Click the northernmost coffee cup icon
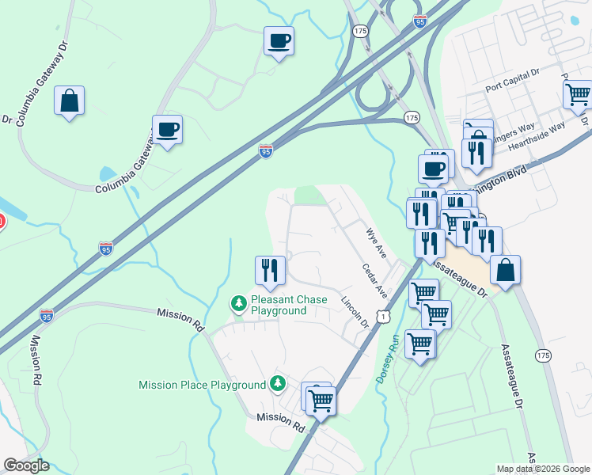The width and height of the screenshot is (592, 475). click(279, 40)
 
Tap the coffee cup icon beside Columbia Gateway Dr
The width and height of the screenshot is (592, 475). click(167, 129)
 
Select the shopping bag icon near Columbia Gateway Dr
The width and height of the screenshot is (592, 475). click(70, 101)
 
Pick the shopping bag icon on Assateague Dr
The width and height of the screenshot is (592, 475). click(505, 270)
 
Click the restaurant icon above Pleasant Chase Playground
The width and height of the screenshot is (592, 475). click(270, 271)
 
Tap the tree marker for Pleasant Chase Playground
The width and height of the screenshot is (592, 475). click(238, 303)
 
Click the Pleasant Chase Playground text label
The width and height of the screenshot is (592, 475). click(278, 306)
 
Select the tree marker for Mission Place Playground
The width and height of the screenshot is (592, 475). click(277, 384)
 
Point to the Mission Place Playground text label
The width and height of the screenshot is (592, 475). click(203, 386)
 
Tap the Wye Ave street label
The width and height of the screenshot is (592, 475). click(375, 242)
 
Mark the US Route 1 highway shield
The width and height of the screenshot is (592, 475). click(383, 316)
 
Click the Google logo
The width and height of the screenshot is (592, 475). click(26, 465)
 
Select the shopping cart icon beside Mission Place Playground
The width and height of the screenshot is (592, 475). click(321, 401)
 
